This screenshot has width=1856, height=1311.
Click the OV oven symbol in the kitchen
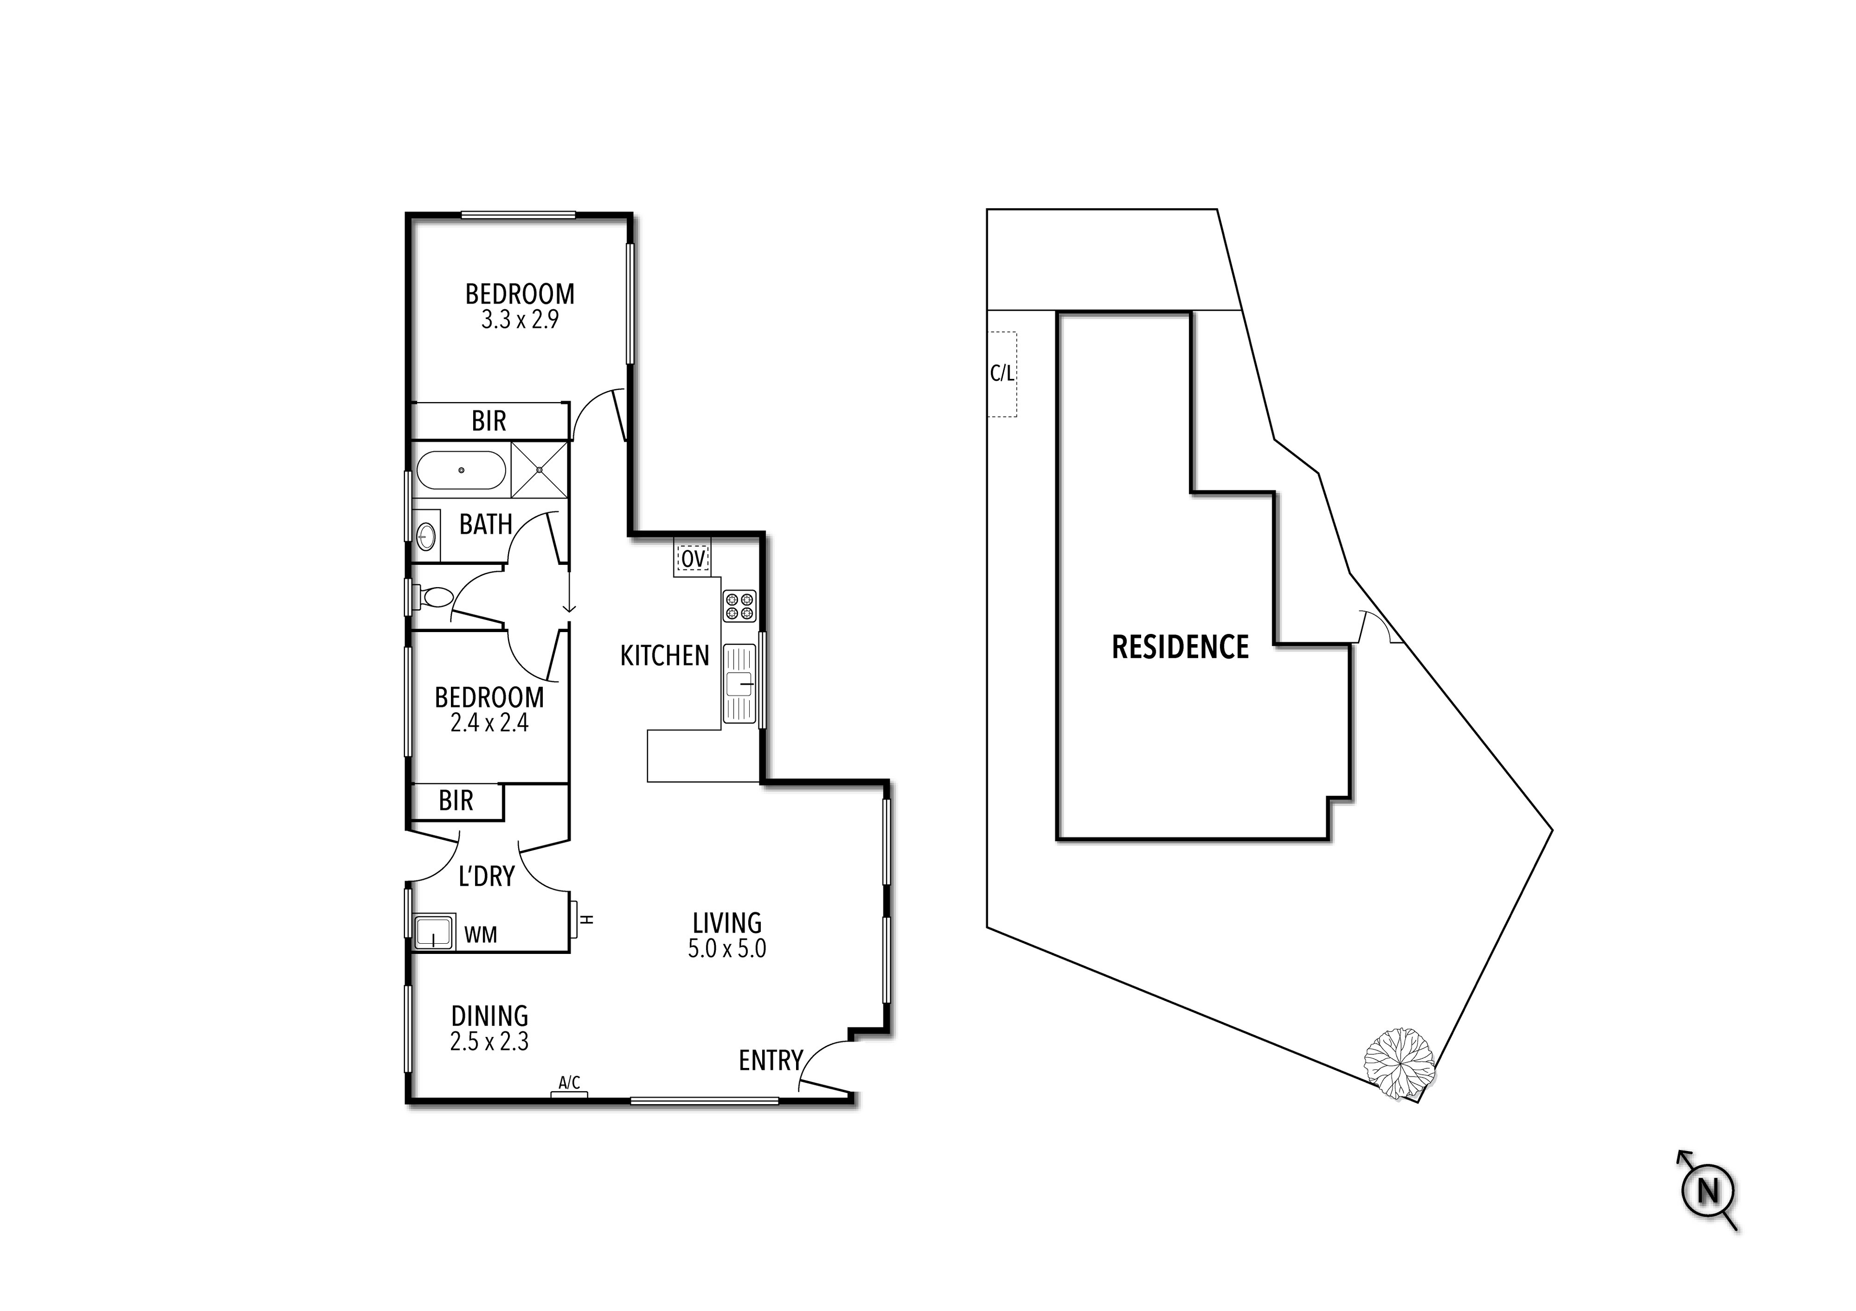(x=693, y=559)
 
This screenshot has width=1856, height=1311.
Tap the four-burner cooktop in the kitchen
(x=739, y=606)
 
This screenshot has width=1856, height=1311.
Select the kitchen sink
(x=739, y=683)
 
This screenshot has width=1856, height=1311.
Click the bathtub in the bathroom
(x=461, y=470)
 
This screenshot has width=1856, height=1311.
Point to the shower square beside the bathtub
(x=539, y=470)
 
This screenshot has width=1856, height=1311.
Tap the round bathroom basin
(x=426, y=535)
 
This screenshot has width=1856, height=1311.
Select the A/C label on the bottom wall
(x=569, y=1082)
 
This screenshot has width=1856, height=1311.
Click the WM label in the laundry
(x=480, y=935)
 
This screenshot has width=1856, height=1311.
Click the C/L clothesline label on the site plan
(x=1001, y=374)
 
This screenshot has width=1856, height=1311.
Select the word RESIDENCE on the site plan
(x=1180, y=648)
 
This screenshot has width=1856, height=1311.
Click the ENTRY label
(x=770, y=1060)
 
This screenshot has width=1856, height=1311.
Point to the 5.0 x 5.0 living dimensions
(x=727, y=948)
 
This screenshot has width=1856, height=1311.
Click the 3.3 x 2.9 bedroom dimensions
(x=520, y=320)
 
